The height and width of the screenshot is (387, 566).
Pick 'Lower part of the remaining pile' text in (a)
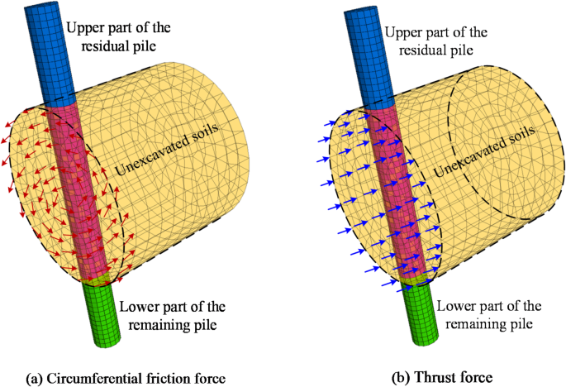pos(167,316)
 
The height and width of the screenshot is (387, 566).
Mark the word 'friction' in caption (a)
pos(169,378)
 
